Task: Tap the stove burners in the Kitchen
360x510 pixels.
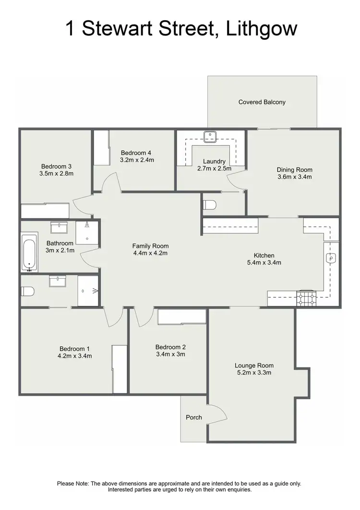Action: tap(307, 299)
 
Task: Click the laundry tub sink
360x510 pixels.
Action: tap(210, 136)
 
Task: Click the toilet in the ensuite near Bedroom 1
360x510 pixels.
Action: tap(27, 291)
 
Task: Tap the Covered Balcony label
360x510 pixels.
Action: tap(262, 102)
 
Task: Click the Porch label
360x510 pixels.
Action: tap(194, 417)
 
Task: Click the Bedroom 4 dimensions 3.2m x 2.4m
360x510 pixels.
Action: tap(137, 160)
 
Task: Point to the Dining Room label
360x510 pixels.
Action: tap(294, 170)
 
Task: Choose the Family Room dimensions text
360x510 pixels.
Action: tap(150, 253)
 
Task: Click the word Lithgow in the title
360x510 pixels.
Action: tap(260, 28)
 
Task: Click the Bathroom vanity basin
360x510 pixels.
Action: tap(59, 226)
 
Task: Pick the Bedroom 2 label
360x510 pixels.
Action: tap(170, 347)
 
